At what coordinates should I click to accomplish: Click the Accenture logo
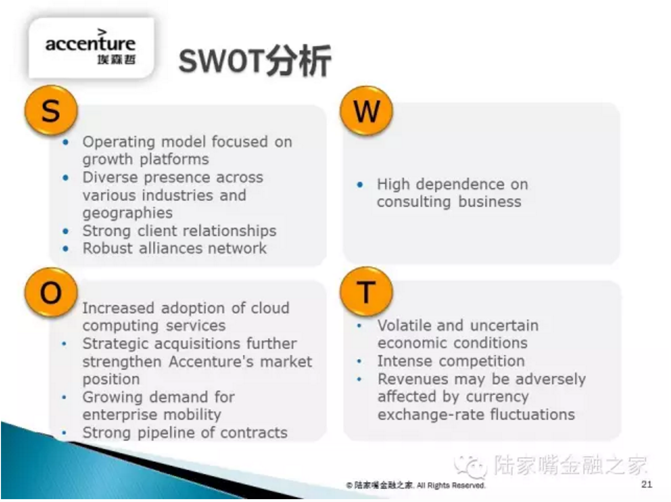point(91,47)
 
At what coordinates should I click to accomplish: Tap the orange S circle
point(51,110)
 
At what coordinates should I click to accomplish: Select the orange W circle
point(366,111)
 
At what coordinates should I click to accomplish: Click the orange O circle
point(51,292)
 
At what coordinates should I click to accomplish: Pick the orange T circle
point(366,291)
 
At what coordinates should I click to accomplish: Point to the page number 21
point(646,484)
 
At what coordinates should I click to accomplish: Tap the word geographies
point(128,213)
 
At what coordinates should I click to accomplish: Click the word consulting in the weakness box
point(414,202)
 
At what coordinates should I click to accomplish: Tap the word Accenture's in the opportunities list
point(211,362)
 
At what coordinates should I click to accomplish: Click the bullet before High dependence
point(360,185)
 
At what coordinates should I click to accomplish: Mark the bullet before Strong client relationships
point(65,231)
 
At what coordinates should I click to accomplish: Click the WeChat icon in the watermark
point(470,466)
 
